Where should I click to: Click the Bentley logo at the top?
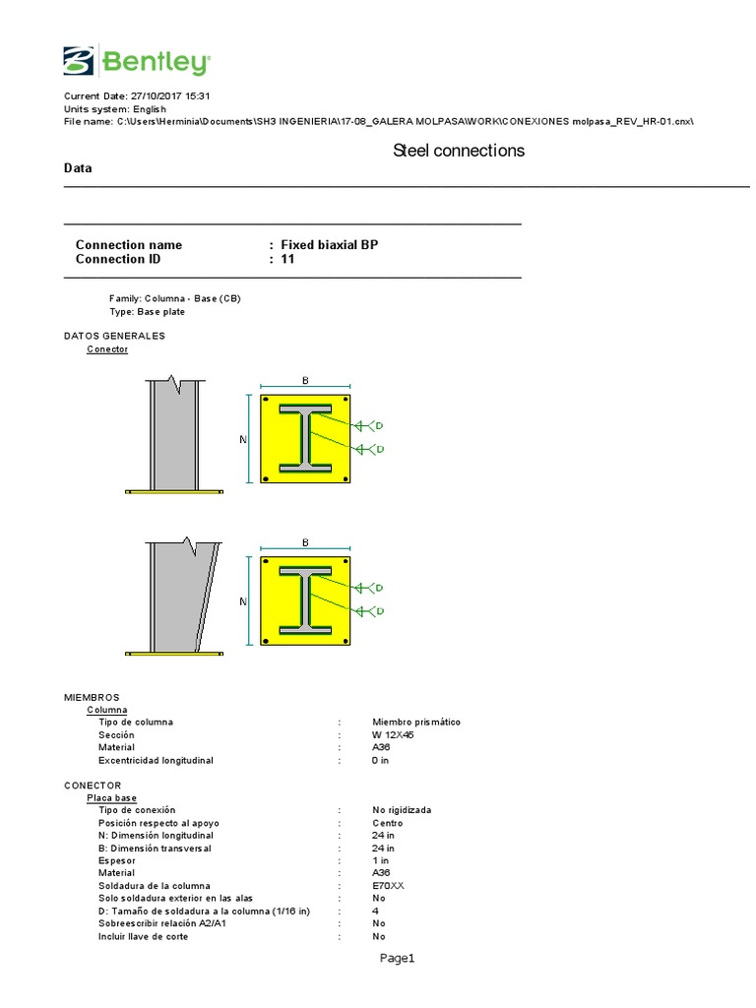[x=135, y=61]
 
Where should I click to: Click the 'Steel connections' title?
[x=458, y=151]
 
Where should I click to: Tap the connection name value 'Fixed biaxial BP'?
[x=329, y=245]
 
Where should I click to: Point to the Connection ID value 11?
[x=287, y=260]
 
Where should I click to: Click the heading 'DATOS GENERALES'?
[x=114, y=336]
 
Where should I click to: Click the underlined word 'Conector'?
[x=107, y=349]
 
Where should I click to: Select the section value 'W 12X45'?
[x=394, y=735]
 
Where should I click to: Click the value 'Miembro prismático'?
[x=415, y=723]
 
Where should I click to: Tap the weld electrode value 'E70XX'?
[x=388, y=886]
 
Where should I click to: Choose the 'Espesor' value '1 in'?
[x=381, y=860]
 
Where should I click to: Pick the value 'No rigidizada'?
[x=402, y=810]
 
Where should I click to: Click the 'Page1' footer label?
[x=399, y=959]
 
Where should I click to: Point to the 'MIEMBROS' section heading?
[x=92, y=696]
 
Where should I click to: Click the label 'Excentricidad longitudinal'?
[x=156, y=761]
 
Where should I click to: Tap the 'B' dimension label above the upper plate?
[x=305, y=379]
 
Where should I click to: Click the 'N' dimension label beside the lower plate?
[x=243, y=600]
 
